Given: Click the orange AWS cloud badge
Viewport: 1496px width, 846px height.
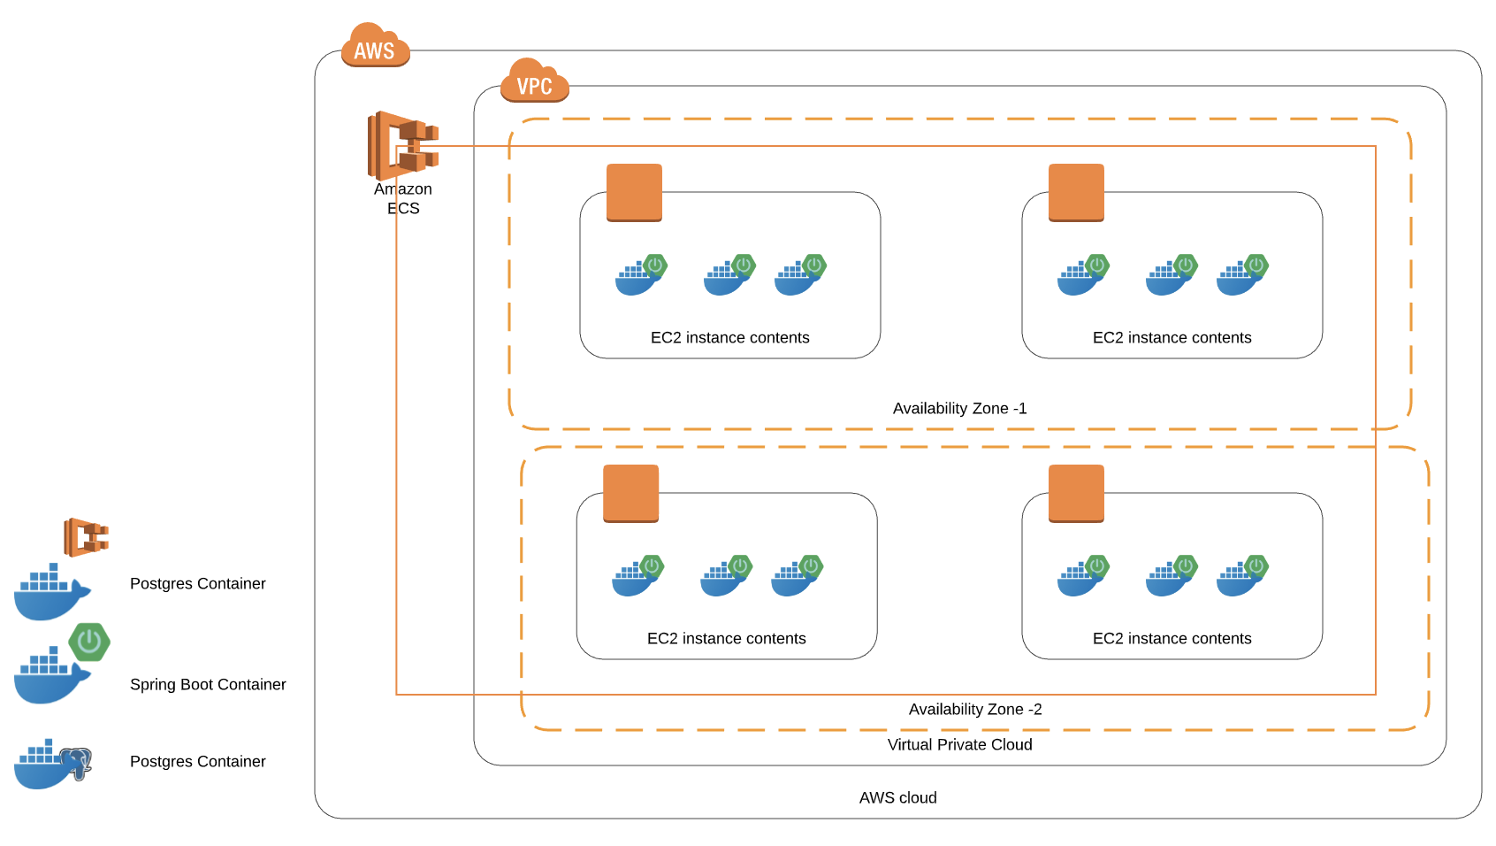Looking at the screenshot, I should (375, 46).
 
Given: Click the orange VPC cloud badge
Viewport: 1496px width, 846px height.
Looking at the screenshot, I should (534, 81).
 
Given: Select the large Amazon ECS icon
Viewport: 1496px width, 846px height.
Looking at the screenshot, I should (402, 145).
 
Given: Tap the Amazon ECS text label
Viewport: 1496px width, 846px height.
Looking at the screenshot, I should (403, 198).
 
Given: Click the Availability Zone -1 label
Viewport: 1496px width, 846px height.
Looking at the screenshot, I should (959, 408).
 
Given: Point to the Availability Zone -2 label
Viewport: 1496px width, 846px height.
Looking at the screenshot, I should (975, 709).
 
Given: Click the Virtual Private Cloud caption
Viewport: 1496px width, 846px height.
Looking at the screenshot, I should (959, 744).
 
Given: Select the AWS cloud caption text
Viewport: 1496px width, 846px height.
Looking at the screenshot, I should (897, 797).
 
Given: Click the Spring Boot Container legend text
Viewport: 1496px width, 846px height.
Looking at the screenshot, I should (208, 684).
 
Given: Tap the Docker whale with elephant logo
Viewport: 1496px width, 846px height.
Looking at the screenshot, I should (53, 764).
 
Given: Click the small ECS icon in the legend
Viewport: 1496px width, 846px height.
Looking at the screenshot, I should (86, 537).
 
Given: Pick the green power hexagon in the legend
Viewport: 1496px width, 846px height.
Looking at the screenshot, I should (89, 642).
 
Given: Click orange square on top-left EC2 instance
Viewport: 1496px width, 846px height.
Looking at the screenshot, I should (634, 192).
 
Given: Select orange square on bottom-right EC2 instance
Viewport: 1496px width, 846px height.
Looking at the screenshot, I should (1076, 493).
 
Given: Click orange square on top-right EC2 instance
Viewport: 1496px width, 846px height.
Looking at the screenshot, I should (1076, 192).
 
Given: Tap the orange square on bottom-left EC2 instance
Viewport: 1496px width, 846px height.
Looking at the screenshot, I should (630, 493).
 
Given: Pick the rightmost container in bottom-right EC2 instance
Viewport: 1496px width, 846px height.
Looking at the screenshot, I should (1241, 576).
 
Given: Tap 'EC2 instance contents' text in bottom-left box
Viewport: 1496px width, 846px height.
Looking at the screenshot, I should (726, 638).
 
